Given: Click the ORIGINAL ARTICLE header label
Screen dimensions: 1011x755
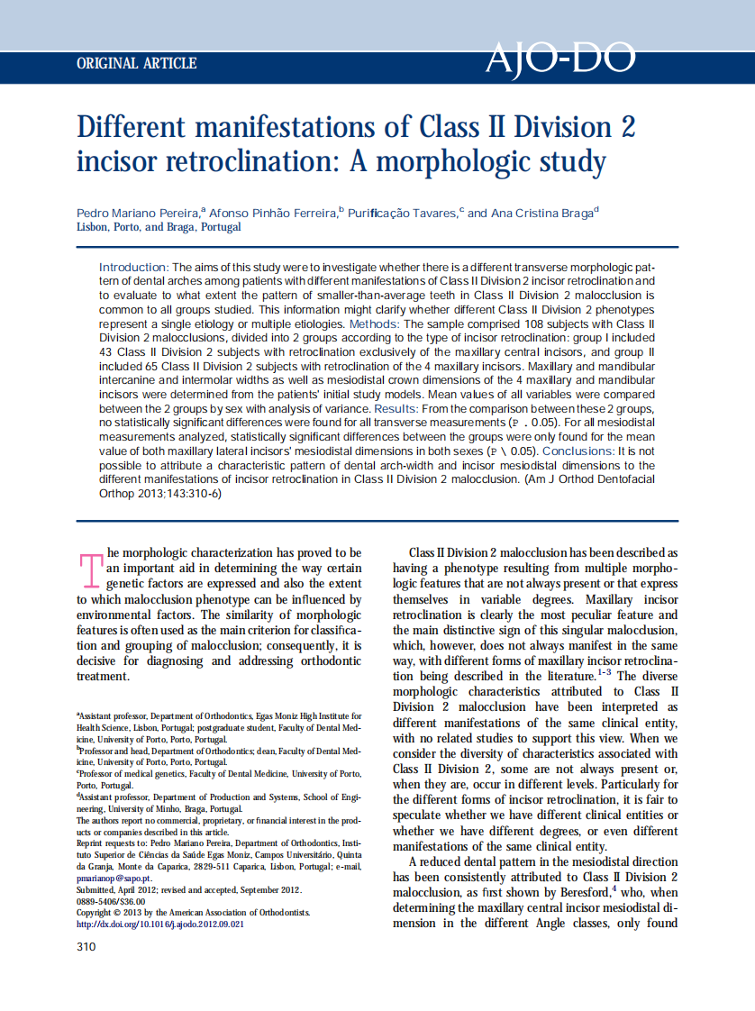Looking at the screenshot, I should point(137,64).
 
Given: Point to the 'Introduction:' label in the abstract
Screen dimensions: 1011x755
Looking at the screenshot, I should point(133,268).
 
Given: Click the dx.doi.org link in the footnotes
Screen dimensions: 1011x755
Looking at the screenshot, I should point(159,924).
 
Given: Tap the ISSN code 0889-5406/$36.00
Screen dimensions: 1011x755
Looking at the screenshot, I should point(111,900).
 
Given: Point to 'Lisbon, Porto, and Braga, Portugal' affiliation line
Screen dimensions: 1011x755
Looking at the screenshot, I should point(159,227).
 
